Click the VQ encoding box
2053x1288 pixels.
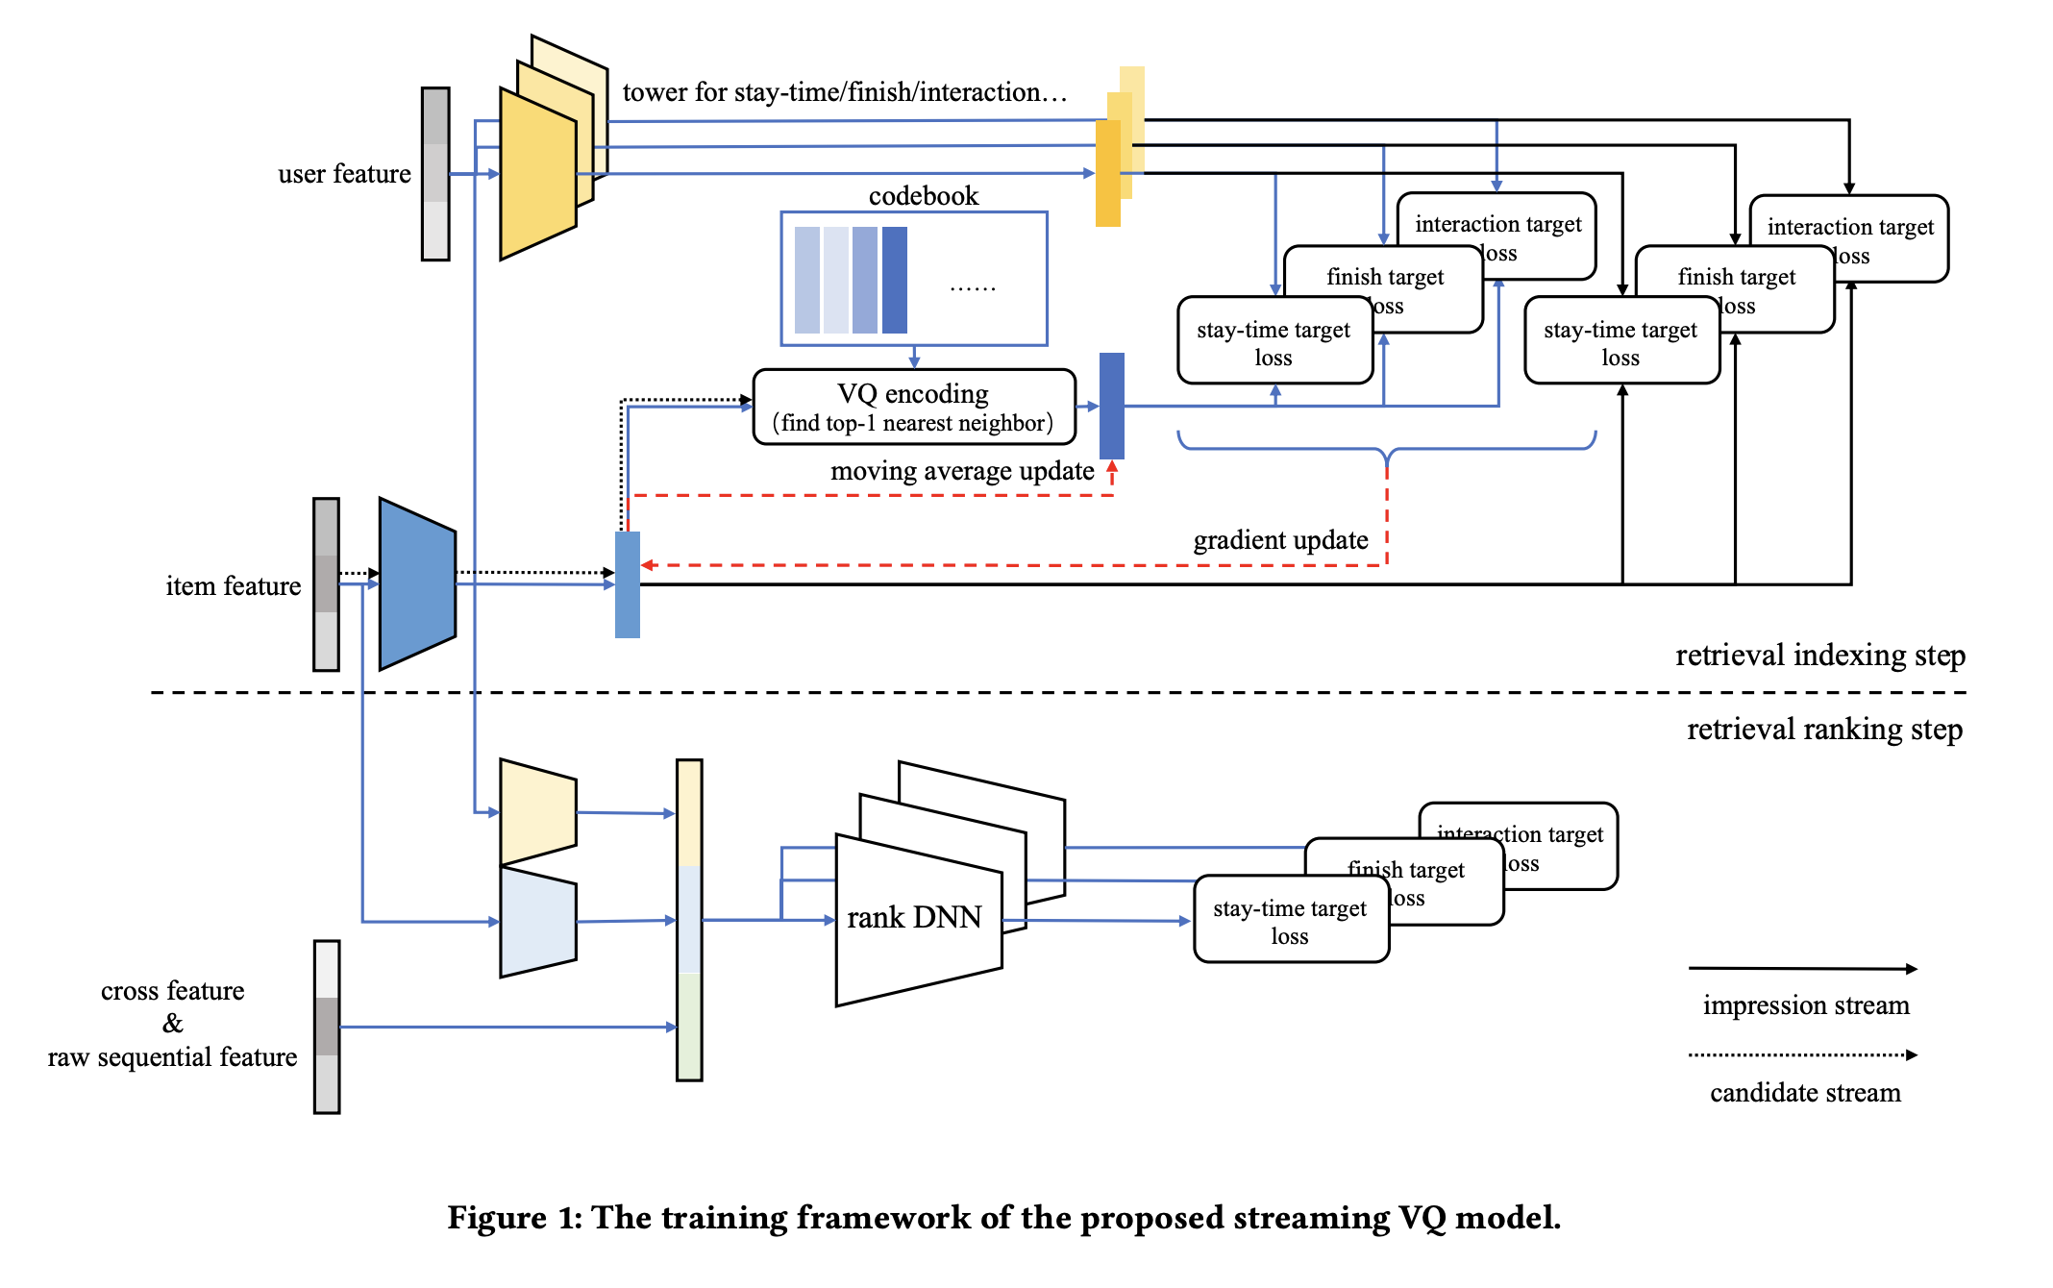tap(913, 408)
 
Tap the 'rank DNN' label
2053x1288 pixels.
tap(914, 918)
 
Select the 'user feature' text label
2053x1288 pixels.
tap(344, 174)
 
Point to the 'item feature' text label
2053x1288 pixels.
tap(233, 586)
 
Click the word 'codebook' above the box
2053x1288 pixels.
tap(923, 196)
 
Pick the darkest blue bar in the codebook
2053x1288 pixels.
tap(895, 280)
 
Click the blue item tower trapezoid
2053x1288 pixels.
tap(417, 583)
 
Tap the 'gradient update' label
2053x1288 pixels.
tap(1280, 540)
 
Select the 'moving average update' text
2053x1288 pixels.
tap(961, 471)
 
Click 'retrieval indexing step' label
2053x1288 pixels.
tap(1819, 656)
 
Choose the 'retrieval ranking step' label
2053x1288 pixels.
tap(1824, 730)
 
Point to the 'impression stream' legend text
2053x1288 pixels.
tap(1806, 1005)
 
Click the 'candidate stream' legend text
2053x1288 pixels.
tap(1805, 1093)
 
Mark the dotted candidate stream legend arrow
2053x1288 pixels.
tap(1802, 1055)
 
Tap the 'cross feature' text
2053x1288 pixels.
tap(173, 991)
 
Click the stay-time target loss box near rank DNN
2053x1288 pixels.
tap(1290, 921)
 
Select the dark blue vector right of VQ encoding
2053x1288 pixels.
tap(1112, 406)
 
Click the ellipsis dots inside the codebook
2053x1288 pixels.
tap(973, 287)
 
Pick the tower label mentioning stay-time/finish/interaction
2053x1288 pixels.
tap(845, 92)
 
